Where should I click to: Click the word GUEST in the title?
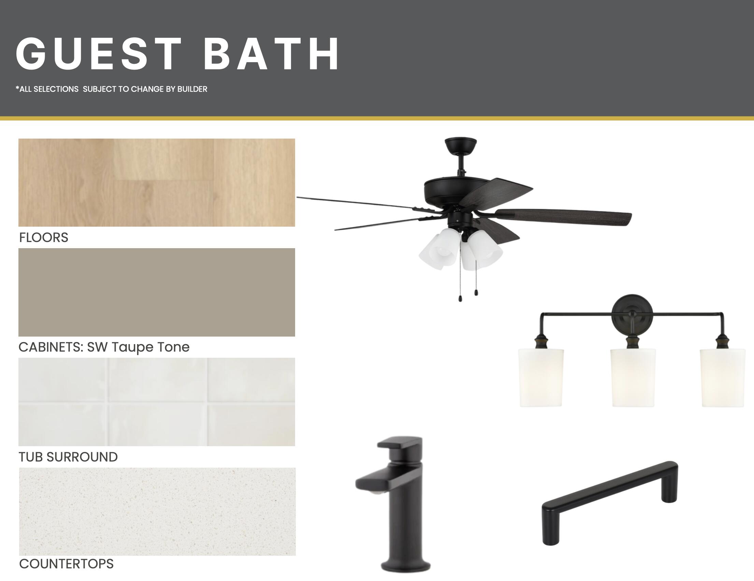point(99,54)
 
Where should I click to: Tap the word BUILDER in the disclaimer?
point(192,89)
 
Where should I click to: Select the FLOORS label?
point(44,238)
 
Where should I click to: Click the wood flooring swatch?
point(157,182)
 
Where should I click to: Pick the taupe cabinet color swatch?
point(157,292)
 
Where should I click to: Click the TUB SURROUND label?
point(68,457)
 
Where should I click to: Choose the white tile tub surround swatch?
point(157,402)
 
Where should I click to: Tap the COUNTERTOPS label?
point(66,564)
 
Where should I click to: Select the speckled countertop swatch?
point(157,512)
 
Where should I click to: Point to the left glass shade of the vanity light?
point(541,378)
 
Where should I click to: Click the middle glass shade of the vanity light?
point(633,378)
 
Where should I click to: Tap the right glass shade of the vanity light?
point(722,378)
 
